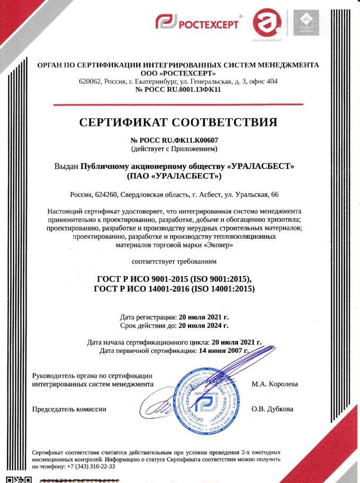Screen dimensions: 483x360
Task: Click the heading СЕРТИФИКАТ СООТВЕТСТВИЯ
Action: (x=178, y=123)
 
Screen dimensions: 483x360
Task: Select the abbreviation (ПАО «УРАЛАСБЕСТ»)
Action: (x=175, y=176)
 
